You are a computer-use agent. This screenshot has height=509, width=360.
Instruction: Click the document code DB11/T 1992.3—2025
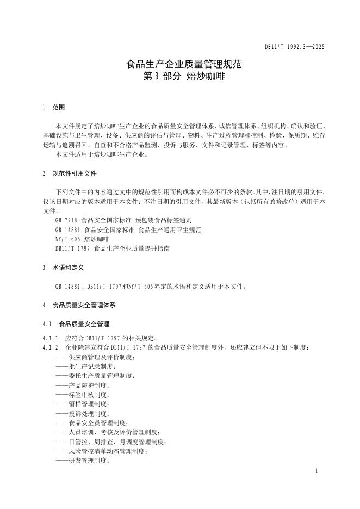pyautogui.click(x=295, y=47)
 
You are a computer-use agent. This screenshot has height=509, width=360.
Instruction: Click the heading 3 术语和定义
pyautogui.click(x=63, y=268)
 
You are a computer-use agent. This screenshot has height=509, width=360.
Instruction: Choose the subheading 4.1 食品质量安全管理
pyautogui.click(x=76, y=324)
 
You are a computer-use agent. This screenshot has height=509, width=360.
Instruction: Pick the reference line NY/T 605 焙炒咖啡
pyautogui.click(x=82, y=239)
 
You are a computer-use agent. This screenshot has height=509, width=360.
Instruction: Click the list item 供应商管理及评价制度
pyautogui.click(x=95, y=357)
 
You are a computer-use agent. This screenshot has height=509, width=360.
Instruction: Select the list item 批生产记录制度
pyautogui.click(x=89, y=366)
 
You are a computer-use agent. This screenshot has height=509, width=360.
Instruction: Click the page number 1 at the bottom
pyautogui.click(x=316, y=469)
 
